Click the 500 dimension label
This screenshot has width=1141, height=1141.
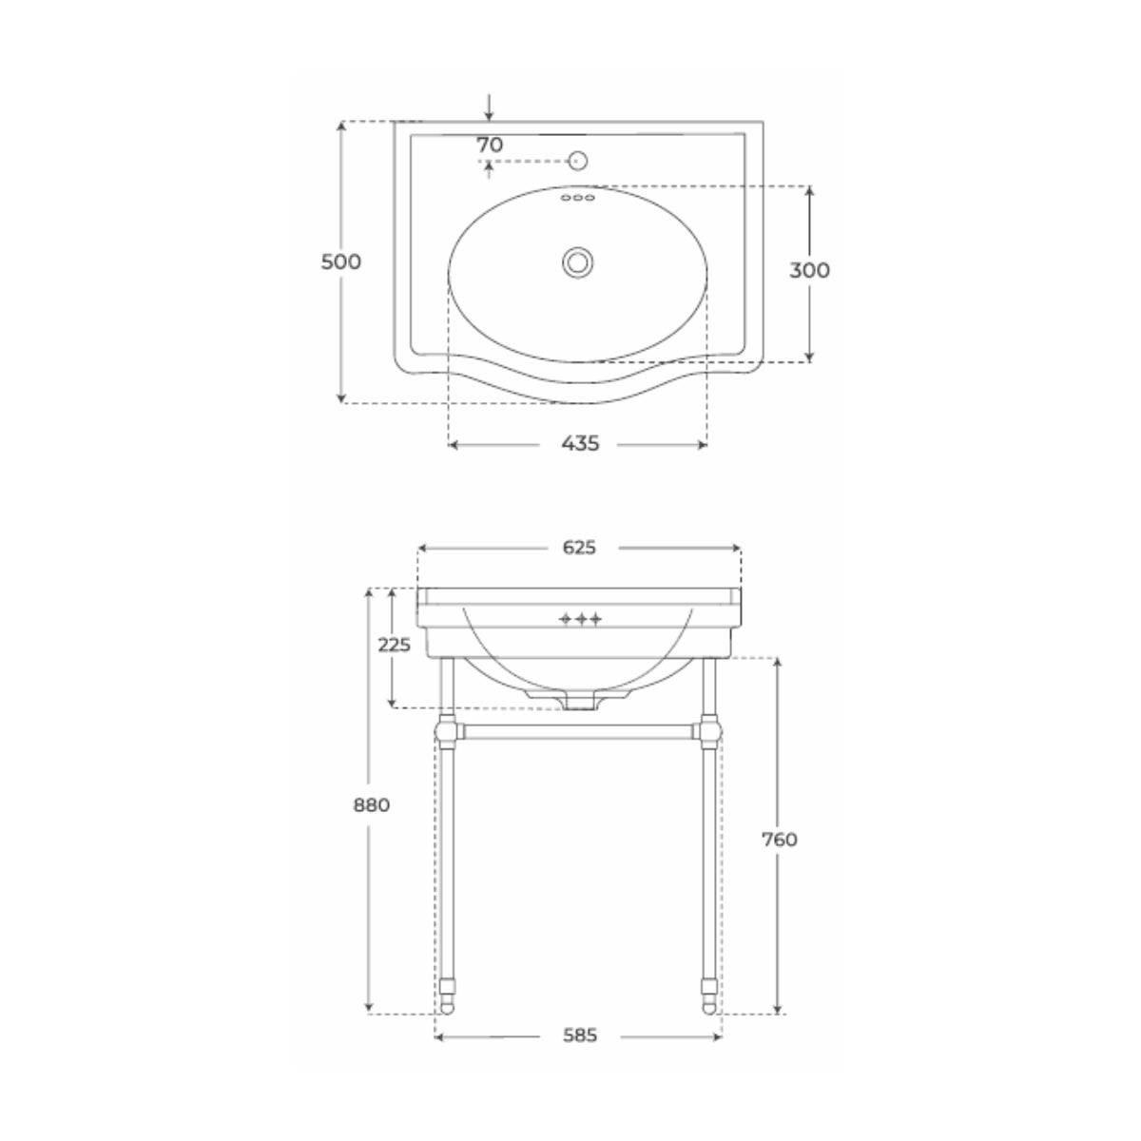pyautogui.click(x=341, y=261)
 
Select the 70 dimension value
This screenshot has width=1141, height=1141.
pyautogui.click(x=490, y=145)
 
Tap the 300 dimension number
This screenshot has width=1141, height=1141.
pyautogui.click(x=809, y=270)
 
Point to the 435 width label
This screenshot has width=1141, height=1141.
pyautogui.click(x=579, y=443)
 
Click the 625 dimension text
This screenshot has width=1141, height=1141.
pyautogui.click(x=579, y=547)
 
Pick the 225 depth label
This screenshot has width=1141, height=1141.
pyautogui.click(x=394, y=645)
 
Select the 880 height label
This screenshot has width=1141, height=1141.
pyautogui.click(x=371, y=804)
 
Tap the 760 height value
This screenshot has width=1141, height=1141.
pyautogui.click(x=779, y=839)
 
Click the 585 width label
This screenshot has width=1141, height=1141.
pyautogui.click(x=578, y=1010)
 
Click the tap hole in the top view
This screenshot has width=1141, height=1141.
pyautogui.click(x=577, y=161)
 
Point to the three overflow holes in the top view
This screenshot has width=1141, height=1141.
pyautogui.click(x=577, y=198)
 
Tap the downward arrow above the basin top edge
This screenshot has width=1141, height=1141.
pyautogui.click(x=489, y=106)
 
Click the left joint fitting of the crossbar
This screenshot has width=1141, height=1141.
pyautogui.click(x=445, y=732)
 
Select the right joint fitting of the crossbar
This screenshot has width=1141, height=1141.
pyautogui.click(x=709, y=732)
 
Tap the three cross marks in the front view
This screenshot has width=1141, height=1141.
pyautogui.click(x=579, y=619)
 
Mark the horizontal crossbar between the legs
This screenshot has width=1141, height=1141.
pyautogui.click(x=577, y=732)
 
